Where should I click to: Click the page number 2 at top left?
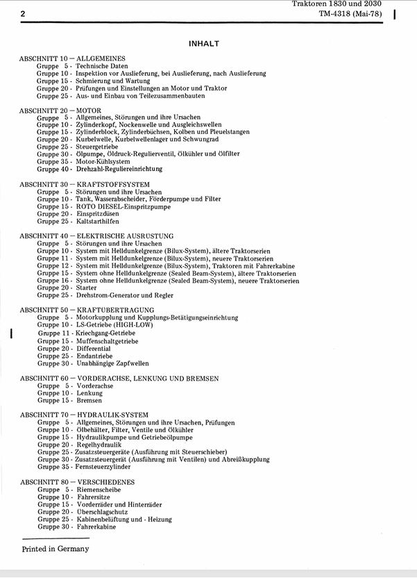(23, 13)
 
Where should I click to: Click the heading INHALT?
(204, 44)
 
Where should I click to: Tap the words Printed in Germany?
(56, 548)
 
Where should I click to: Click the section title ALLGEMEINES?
(101, 58)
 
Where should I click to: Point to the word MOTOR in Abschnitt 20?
(89, 110)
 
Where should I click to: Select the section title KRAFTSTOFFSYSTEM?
(113, 184)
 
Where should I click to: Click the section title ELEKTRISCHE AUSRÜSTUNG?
(125, 236)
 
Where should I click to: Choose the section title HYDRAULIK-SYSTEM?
(112, 415)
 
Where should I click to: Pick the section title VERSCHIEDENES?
(105, 481)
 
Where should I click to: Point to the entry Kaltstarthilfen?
(98, 222)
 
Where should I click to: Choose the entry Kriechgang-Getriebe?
(106, 333)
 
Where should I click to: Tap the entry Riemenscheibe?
(99, 489)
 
